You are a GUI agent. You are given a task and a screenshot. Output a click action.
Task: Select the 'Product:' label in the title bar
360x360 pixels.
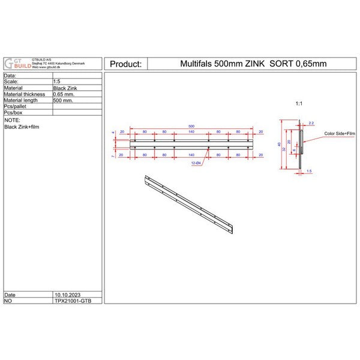pos(125,64)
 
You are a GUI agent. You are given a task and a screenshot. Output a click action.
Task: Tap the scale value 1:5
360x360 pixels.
pos(57,82)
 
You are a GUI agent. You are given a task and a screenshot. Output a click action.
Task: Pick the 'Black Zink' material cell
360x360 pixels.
pos(64,88)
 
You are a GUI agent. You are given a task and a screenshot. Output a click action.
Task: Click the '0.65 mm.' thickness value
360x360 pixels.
pos(64,94)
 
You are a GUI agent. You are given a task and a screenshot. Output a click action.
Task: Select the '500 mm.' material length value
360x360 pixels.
pos(62,100)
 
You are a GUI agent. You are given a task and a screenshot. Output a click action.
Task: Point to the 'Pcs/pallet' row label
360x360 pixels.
pos(17,106)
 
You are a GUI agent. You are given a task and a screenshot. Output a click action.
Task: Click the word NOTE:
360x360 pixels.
pos(12,120)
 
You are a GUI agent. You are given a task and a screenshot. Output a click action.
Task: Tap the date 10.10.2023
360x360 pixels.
pos(66,295)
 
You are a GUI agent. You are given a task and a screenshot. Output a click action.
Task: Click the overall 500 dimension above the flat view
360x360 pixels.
pos(191,125)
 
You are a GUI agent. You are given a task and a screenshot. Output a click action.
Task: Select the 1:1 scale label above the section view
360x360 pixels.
pos(299,104)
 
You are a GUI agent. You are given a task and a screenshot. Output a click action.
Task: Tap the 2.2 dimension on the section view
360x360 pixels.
pos(311,123)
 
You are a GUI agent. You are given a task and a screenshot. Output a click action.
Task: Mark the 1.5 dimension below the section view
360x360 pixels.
pos(309,171)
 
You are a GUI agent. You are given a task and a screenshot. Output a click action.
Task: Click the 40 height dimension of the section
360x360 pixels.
pos(280,145)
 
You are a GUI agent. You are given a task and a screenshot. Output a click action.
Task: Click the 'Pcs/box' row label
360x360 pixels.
pos(13,113)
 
